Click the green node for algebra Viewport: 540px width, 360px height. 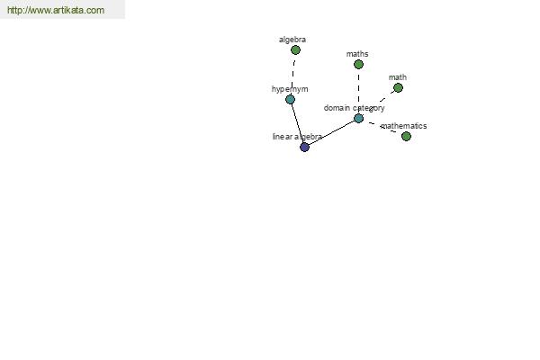coord(295,50)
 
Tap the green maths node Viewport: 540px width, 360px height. coord(358,65)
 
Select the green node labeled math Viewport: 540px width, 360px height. coord(398,88)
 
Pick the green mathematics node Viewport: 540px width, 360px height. coord(407,137)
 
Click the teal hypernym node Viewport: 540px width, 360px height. coord(291,100)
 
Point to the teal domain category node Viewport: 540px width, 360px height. coord(358,119)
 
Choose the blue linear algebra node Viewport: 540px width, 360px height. coord(305,148)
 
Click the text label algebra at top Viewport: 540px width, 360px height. coord(292,40)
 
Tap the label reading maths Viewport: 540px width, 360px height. coord(357,54)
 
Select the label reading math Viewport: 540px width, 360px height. coord(398,77)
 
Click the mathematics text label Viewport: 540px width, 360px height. coord(403,126)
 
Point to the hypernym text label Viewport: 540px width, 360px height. coord(290,89)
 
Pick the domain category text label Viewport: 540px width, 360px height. coord(354,108)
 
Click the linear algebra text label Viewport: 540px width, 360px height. coord(297,137)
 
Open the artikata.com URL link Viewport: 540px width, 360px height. coord(56,10)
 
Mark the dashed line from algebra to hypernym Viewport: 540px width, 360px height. coord(292,75)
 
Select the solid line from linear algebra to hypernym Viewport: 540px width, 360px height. coord(298,123)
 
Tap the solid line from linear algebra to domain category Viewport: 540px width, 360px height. coord(331,133)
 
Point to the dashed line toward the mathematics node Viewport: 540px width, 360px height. coord(382,128)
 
